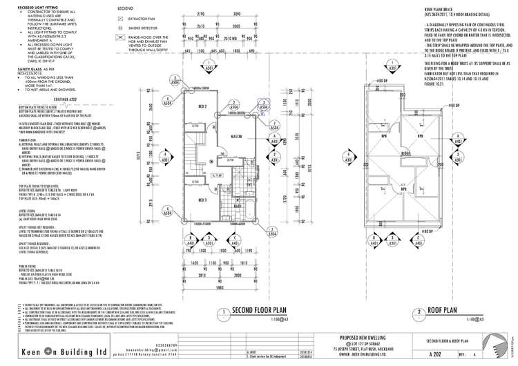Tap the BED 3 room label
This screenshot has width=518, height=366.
coord(203,220)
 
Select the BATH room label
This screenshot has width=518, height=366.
coord(237,225)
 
